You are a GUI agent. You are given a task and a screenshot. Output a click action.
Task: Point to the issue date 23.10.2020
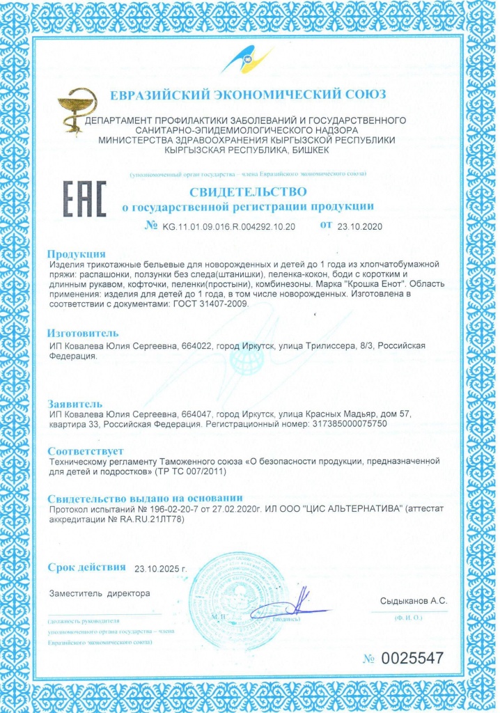pyautogui.click(x=360, y=226)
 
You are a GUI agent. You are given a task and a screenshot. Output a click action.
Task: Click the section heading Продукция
pyautogui.click(x=77, y=254)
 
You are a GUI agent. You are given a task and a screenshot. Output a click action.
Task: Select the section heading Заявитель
pyautogui.click(x=75, y=403)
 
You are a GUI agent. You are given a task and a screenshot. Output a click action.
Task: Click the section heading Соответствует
pyautogui.click(x=85, y=450)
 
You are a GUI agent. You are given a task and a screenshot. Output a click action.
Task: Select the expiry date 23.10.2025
pyautogui.click(x=161, y=567)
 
